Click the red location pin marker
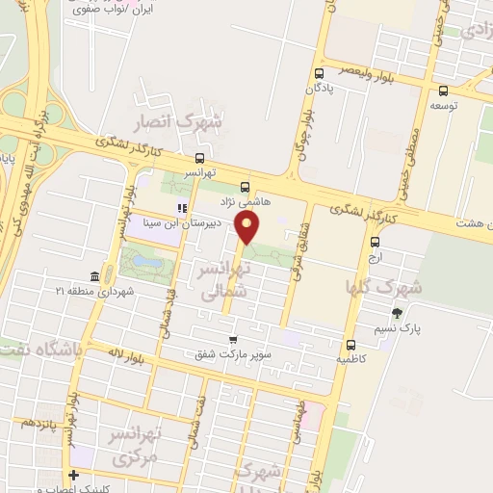click(x=248, y=226)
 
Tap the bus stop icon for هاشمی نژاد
click(x=245, y=187)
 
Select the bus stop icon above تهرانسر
click(x=199, y=158)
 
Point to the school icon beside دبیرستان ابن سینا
click(x=180, y=207)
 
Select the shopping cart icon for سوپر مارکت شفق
click(x=233, y=340)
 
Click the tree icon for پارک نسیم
click(x=397, y=313)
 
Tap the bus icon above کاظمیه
click(x=350, y=344)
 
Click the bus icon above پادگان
click(x=320, y=73)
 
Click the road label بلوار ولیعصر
click(x=371, y=70)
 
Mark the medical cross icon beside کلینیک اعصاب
click(x=74, y=475)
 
